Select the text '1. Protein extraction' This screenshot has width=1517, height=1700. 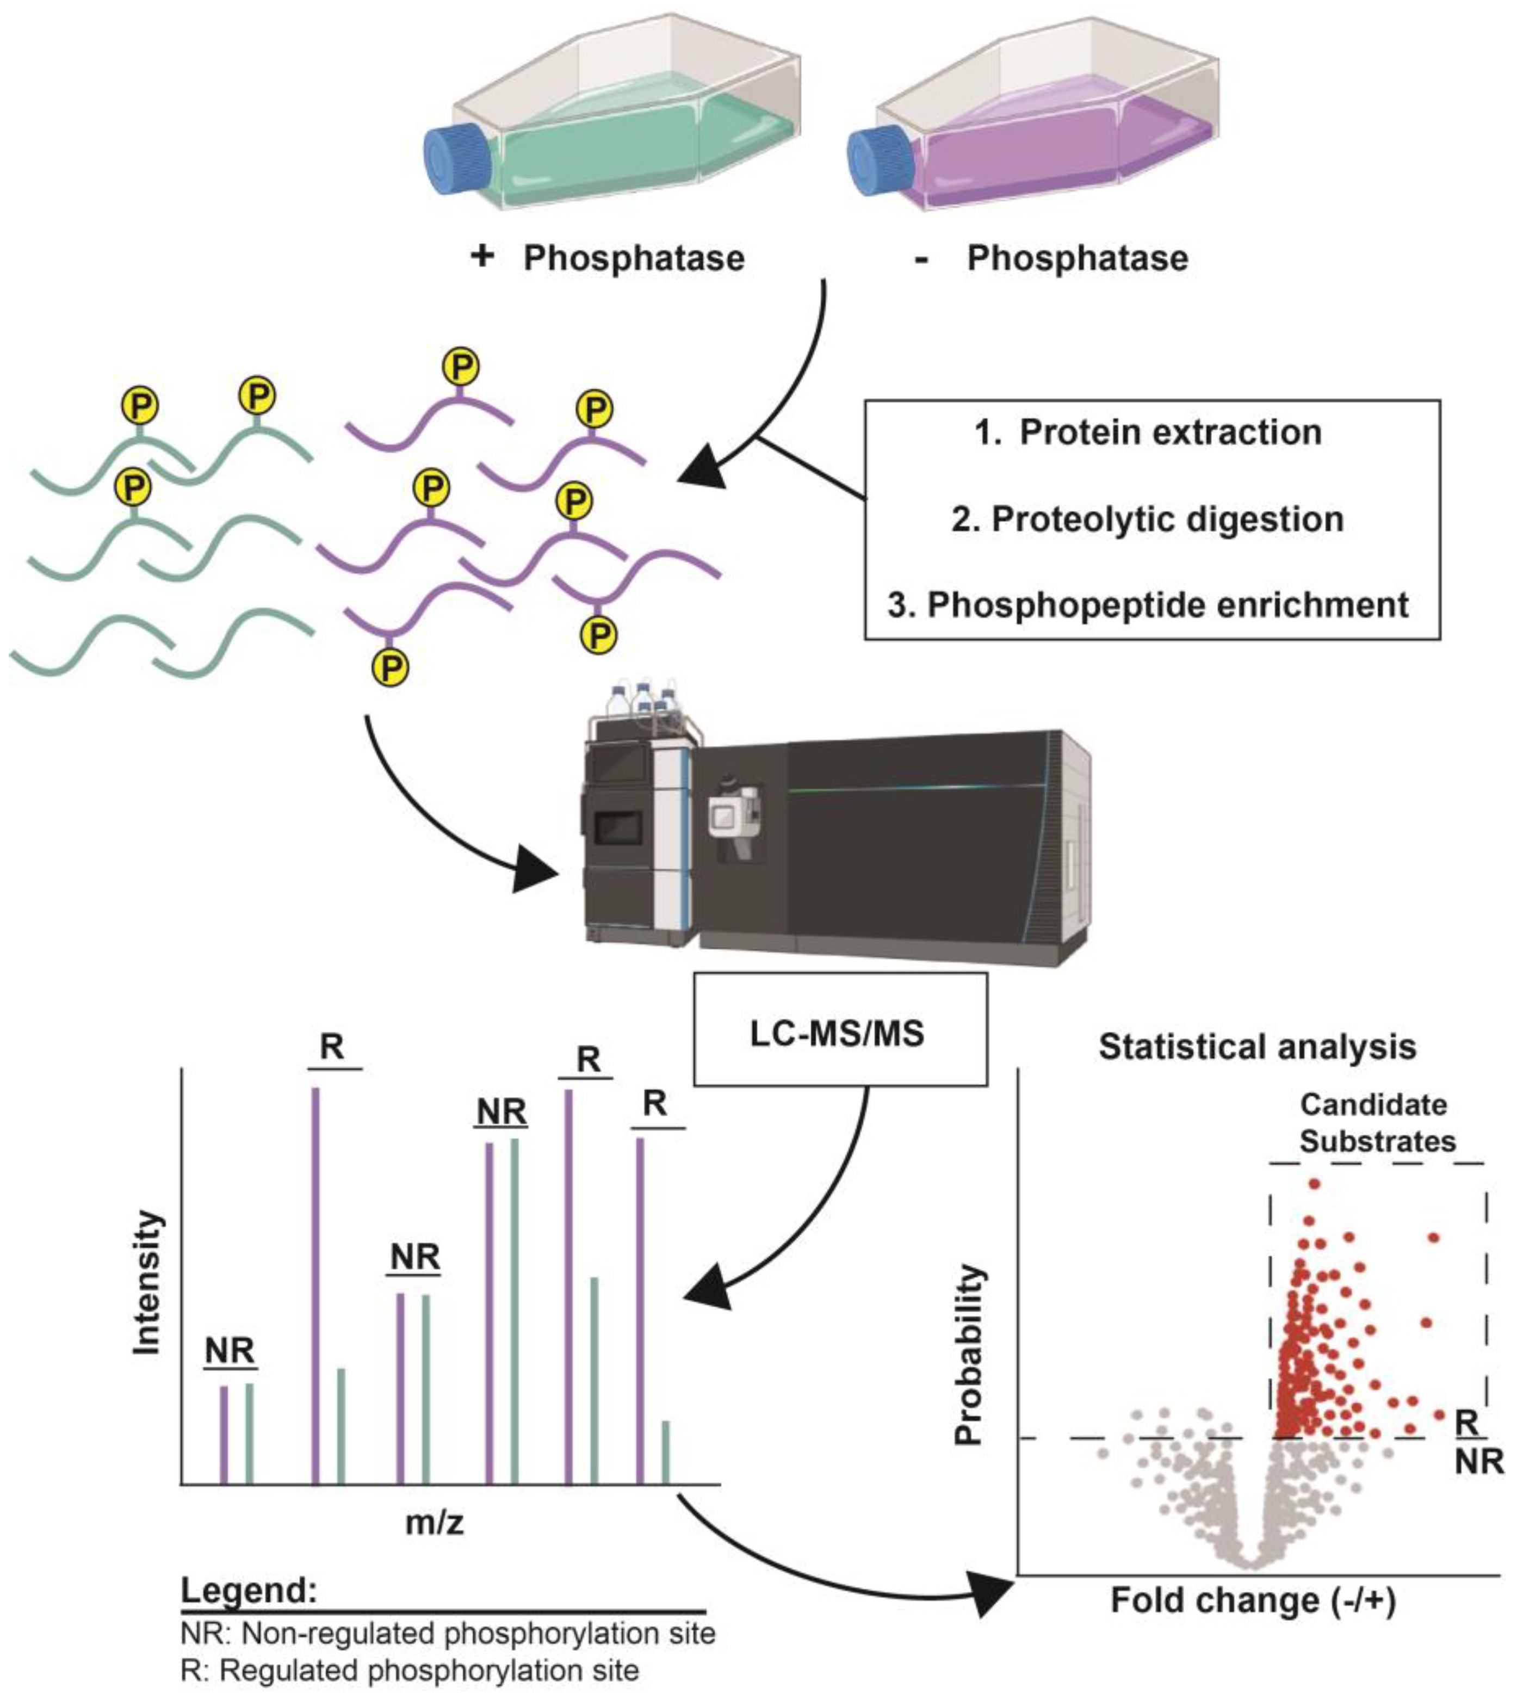pyautogui.click(x=1150, y=432)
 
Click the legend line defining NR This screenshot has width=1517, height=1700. pyautogui.click(x=448, y=1633)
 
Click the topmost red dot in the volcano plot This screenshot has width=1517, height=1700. pyautogui.click(x=1315, y=1183)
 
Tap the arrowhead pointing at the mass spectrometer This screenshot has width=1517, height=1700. pyautogui.click(x=534, y=868)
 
